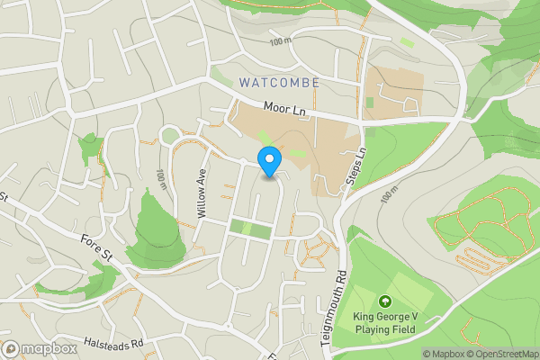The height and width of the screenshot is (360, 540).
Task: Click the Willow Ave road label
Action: (202, 195)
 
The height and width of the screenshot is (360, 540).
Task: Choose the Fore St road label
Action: (94, 248)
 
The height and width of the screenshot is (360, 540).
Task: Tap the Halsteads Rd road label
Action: (113, 344)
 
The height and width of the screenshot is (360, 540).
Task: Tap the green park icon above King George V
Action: (385, 301)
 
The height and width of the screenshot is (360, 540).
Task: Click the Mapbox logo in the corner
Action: (40, 348)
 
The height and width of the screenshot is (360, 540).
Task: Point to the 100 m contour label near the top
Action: (281, 41)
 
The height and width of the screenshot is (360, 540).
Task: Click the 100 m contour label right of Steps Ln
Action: (389, 193)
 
